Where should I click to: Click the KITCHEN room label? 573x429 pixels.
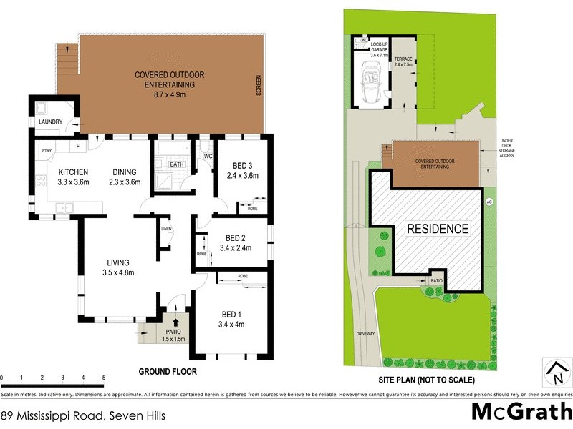(x=72, y=172)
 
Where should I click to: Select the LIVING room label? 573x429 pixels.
(x=118, y=262)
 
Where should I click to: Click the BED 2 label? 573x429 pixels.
(x=236, y=238)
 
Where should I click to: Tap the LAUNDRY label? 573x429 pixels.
(x=51, y=122)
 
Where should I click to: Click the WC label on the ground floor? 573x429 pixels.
(x=208, y=155)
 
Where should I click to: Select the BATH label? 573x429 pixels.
(x=176, y=164)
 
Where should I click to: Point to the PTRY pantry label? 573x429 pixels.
(x=47, y=150)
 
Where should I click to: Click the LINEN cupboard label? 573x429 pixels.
(x=166, y=229)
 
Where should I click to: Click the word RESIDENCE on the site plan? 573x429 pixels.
(x=438, y=229)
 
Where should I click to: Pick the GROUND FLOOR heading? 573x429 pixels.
(x=167, y=372)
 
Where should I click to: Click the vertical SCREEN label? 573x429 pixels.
(x=259, y=86)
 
